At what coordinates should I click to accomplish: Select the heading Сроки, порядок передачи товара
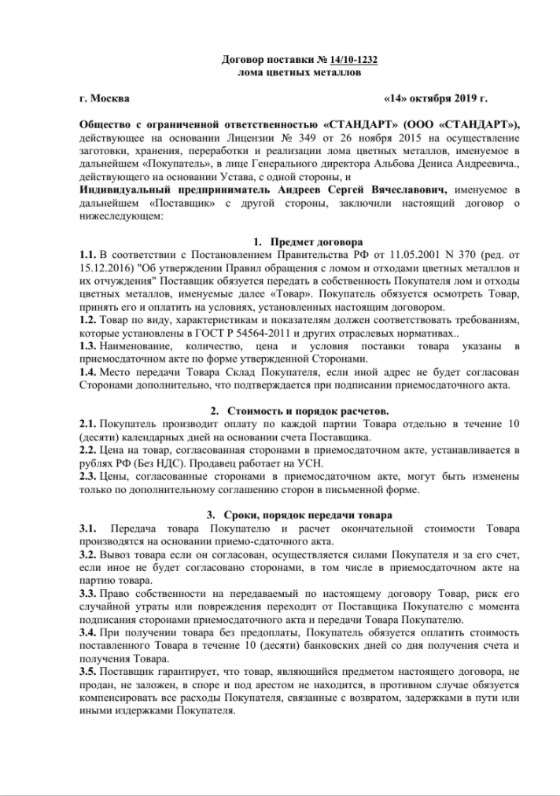(x=314, y=515)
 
